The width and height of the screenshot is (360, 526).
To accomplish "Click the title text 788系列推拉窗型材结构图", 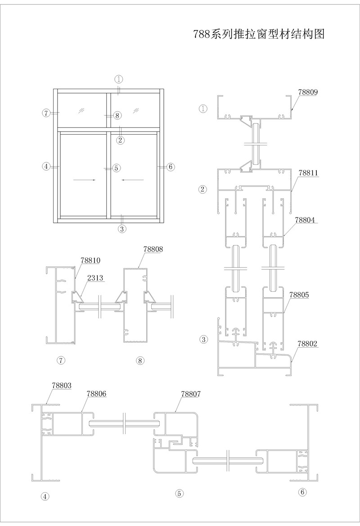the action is click(x=259, y=33).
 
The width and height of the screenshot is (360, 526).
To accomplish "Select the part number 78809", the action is click(x=308, y=92).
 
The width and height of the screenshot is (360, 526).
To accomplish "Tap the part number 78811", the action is click(x=308, y=173).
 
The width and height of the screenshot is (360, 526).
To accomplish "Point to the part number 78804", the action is click(x=305, y=220).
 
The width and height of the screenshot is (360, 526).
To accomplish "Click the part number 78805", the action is click(x=299, y=295).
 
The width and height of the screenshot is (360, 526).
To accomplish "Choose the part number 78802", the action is click(x=307, y=344).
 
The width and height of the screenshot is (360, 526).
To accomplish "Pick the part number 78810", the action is click(x=90, y=260).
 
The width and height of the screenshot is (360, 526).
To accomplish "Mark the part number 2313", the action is click(x=95, y=278).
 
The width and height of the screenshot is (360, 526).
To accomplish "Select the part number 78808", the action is click(x=153, y=249).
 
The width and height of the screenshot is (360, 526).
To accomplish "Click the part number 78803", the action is click(x=62, y=385).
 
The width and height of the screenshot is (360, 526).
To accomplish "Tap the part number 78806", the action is click(x=97, y=394).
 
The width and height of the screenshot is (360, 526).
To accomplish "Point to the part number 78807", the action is click(x=191, y=394).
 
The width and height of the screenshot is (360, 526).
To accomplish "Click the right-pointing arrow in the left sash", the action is click(x=85, y=180).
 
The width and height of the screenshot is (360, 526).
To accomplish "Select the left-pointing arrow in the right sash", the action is click(x=133, y=180).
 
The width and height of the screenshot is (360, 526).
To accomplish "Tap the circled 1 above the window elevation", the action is click(x=119, y=80).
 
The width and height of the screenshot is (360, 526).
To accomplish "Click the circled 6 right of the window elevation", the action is click(x=171, y=166).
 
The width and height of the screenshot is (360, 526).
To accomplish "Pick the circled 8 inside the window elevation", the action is click(x=117, y=115).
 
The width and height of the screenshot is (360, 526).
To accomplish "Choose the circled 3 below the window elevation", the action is click(x=122, y=229).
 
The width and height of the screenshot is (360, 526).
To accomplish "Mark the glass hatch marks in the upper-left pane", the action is click(x=81, y=110).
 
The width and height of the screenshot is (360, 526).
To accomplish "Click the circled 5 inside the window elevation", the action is click(x=116, y=168).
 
